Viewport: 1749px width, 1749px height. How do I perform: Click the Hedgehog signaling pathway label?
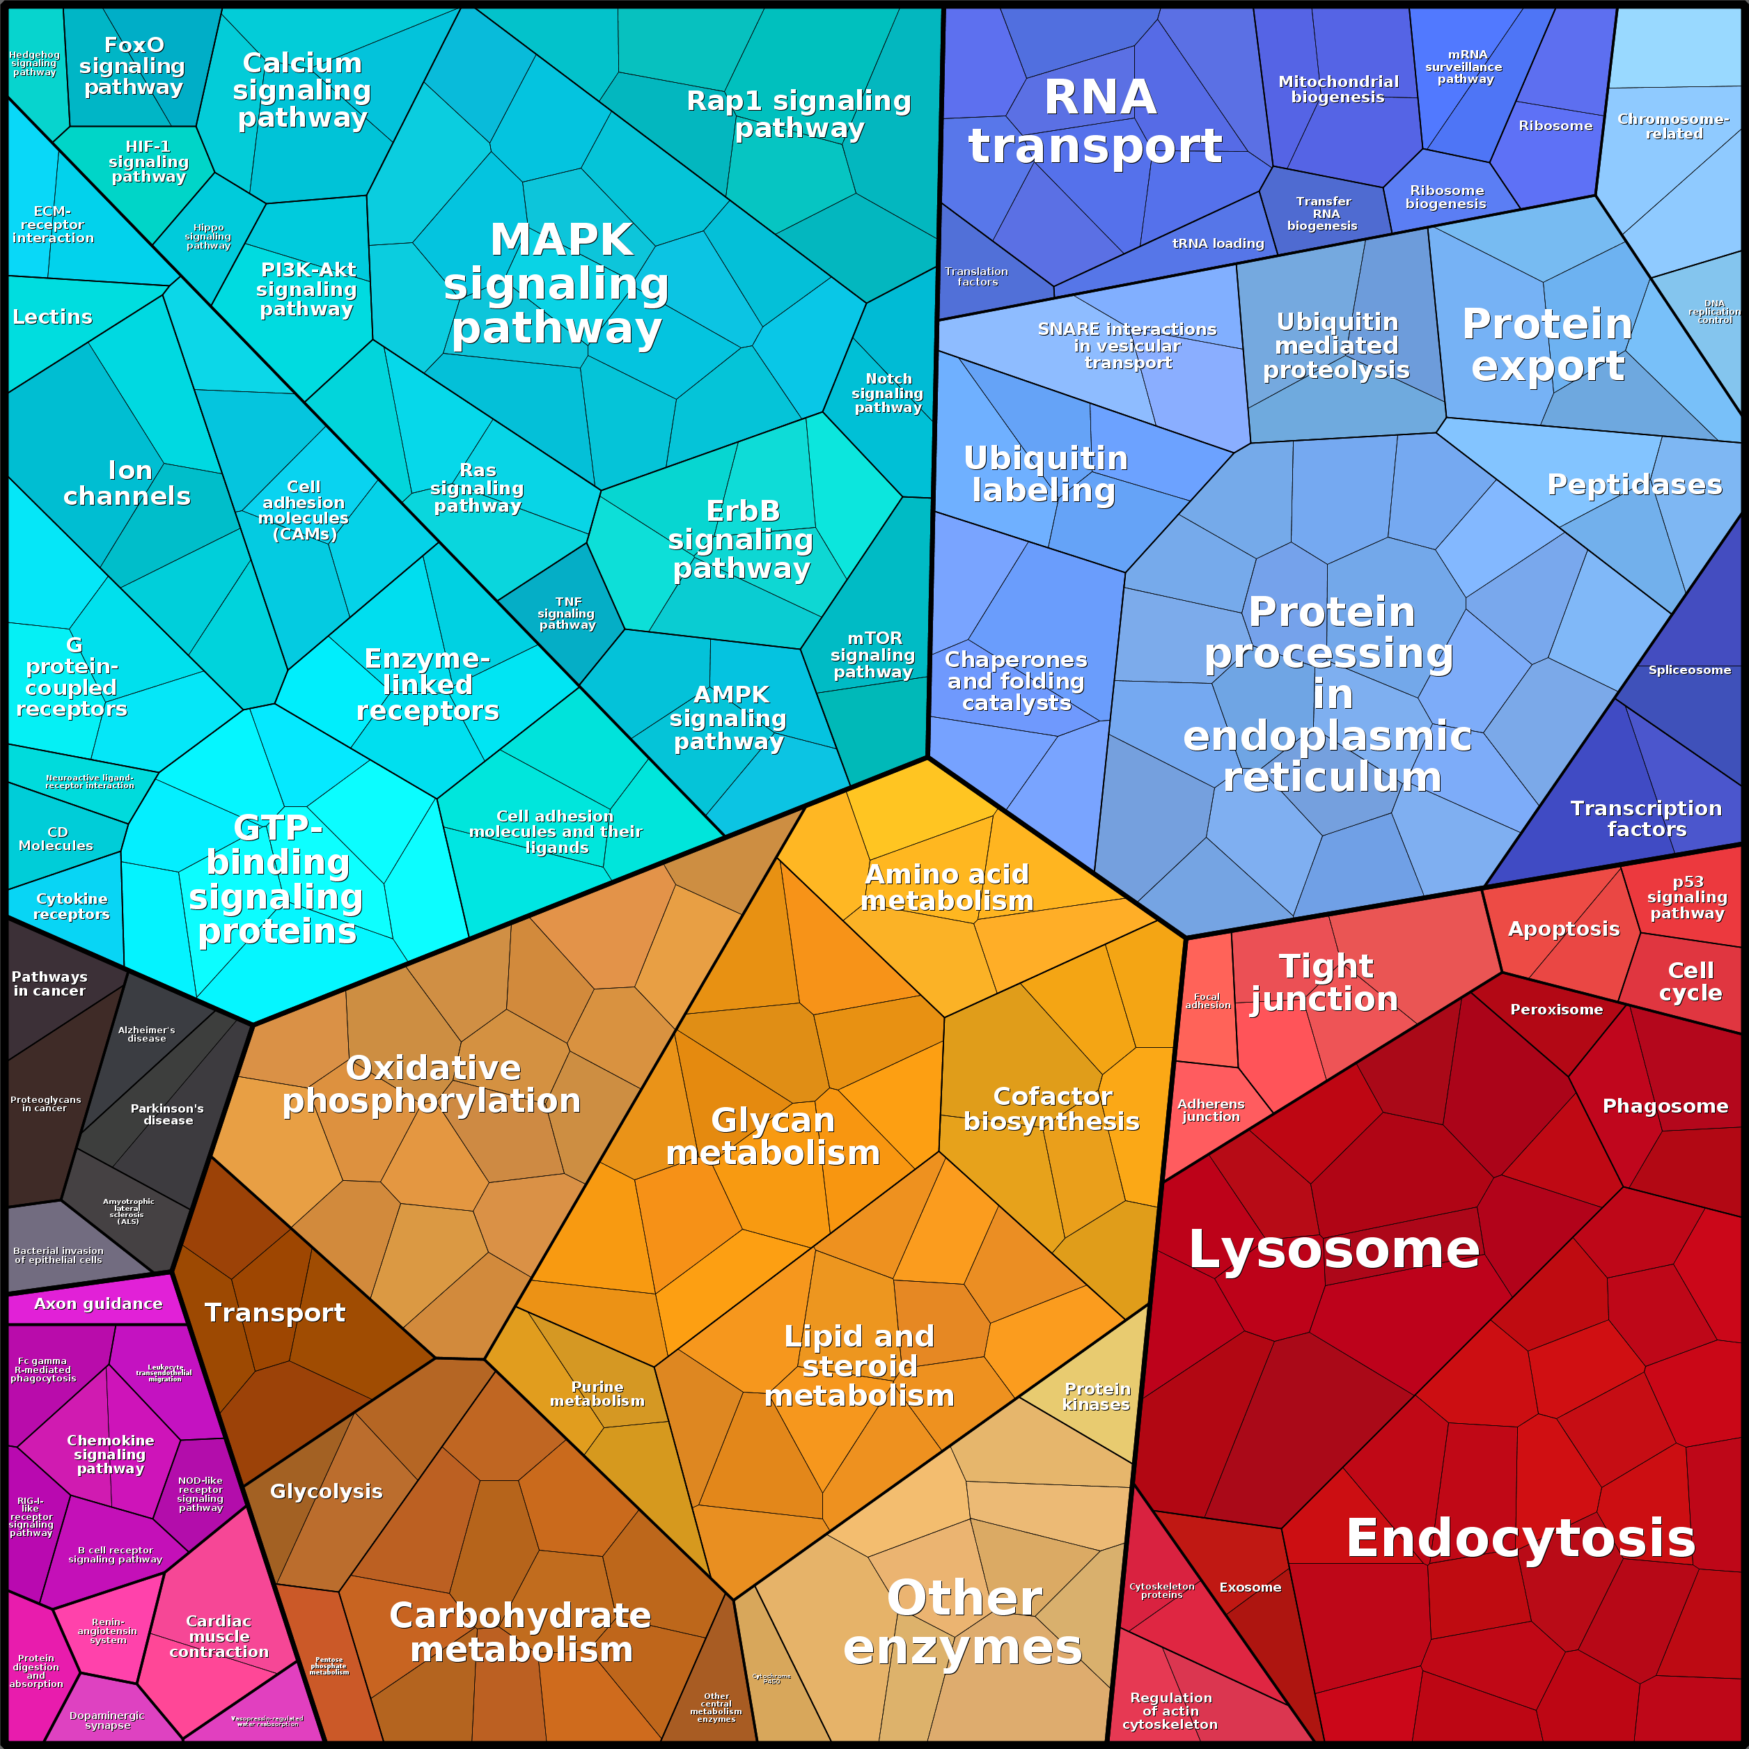point(34,63)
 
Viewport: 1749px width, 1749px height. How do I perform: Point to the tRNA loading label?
point(1218,244)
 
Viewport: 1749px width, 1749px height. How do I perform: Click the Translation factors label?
point(977,276)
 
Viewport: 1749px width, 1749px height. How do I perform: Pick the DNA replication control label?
point(1713,311)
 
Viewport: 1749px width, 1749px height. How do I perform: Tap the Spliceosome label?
point(1689,670)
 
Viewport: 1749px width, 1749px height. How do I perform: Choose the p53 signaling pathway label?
point(1688,897)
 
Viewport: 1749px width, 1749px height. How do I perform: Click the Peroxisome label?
point(1556,1010)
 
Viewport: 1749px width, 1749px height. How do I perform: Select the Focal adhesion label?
point(1207,1001)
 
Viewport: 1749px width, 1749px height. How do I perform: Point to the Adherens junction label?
point(1210,1110)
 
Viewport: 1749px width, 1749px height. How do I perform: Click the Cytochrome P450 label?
point(771,1679)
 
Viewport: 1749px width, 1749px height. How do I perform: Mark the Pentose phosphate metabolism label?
point(329,1665)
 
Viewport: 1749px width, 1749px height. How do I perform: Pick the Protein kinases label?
point(1097,1396)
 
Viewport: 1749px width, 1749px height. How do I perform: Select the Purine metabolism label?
point(597,1393)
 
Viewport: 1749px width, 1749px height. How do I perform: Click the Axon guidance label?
point(97,1303)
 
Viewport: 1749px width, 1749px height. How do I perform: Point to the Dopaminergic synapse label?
point(107,1720)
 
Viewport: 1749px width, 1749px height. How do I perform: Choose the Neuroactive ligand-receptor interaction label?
point(90,781)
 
